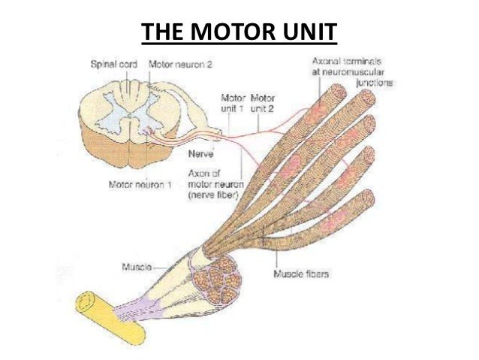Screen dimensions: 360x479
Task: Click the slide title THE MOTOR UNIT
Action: pyautogui.click(x=239, y=33)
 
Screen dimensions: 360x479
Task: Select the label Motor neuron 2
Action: pyautogui.click(x=180, y=65)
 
